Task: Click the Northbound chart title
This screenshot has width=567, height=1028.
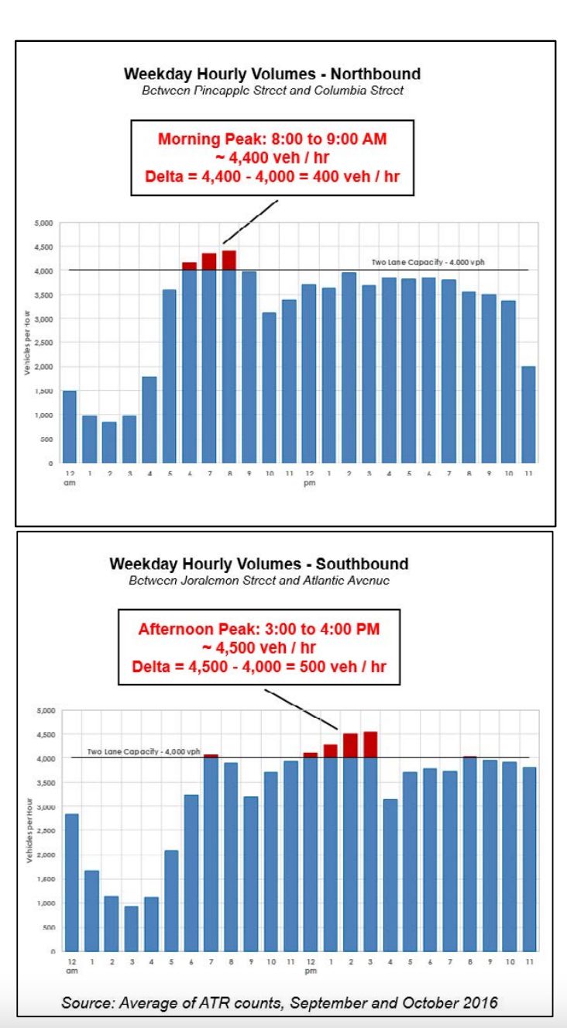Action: (x=272, y=74)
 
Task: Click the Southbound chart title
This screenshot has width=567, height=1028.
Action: (x=259, y=564)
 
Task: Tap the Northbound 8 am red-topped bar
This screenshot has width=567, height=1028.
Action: (x=229, y=357)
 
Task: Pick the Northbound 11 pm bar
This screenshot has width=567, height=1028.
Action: (x=528, y=415)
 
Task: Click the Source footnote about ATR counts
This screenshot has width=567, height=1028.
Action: (x=280, y=1002)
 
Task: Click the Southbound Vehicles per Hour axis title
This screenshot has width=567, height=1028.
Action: (x=29, y=833)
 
